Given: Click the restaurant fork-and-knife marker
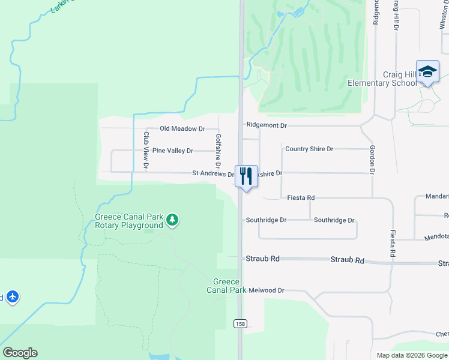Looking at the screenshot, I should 246,176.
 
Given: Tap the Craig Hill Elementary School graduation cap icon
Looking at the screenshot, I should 427,71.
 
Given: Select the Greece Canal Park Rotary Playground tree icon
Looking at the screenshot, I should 172,220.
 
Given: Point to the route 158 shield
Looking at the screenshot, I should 240,324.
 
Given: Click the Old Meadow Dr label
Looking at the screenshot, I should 182,129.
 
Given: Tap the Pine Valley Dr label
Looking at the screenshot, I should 173,151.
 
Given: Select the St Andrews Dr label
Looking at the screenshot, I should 213,173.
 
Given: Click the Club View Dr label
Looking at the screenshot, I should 146,149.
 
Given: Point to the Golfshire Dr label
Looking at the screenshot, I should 218,151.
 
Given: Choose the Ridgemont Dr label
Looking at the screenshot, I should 267,125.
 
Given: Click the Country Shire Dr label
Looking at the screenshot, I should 309,149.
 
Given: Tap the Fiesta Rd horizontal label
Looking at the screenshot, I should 301,197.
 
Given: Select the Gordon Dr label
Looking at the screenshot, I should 372,160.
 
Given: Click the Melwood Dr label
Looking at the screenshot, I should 267,290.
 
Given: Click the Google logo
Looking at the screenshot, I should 20,353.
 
